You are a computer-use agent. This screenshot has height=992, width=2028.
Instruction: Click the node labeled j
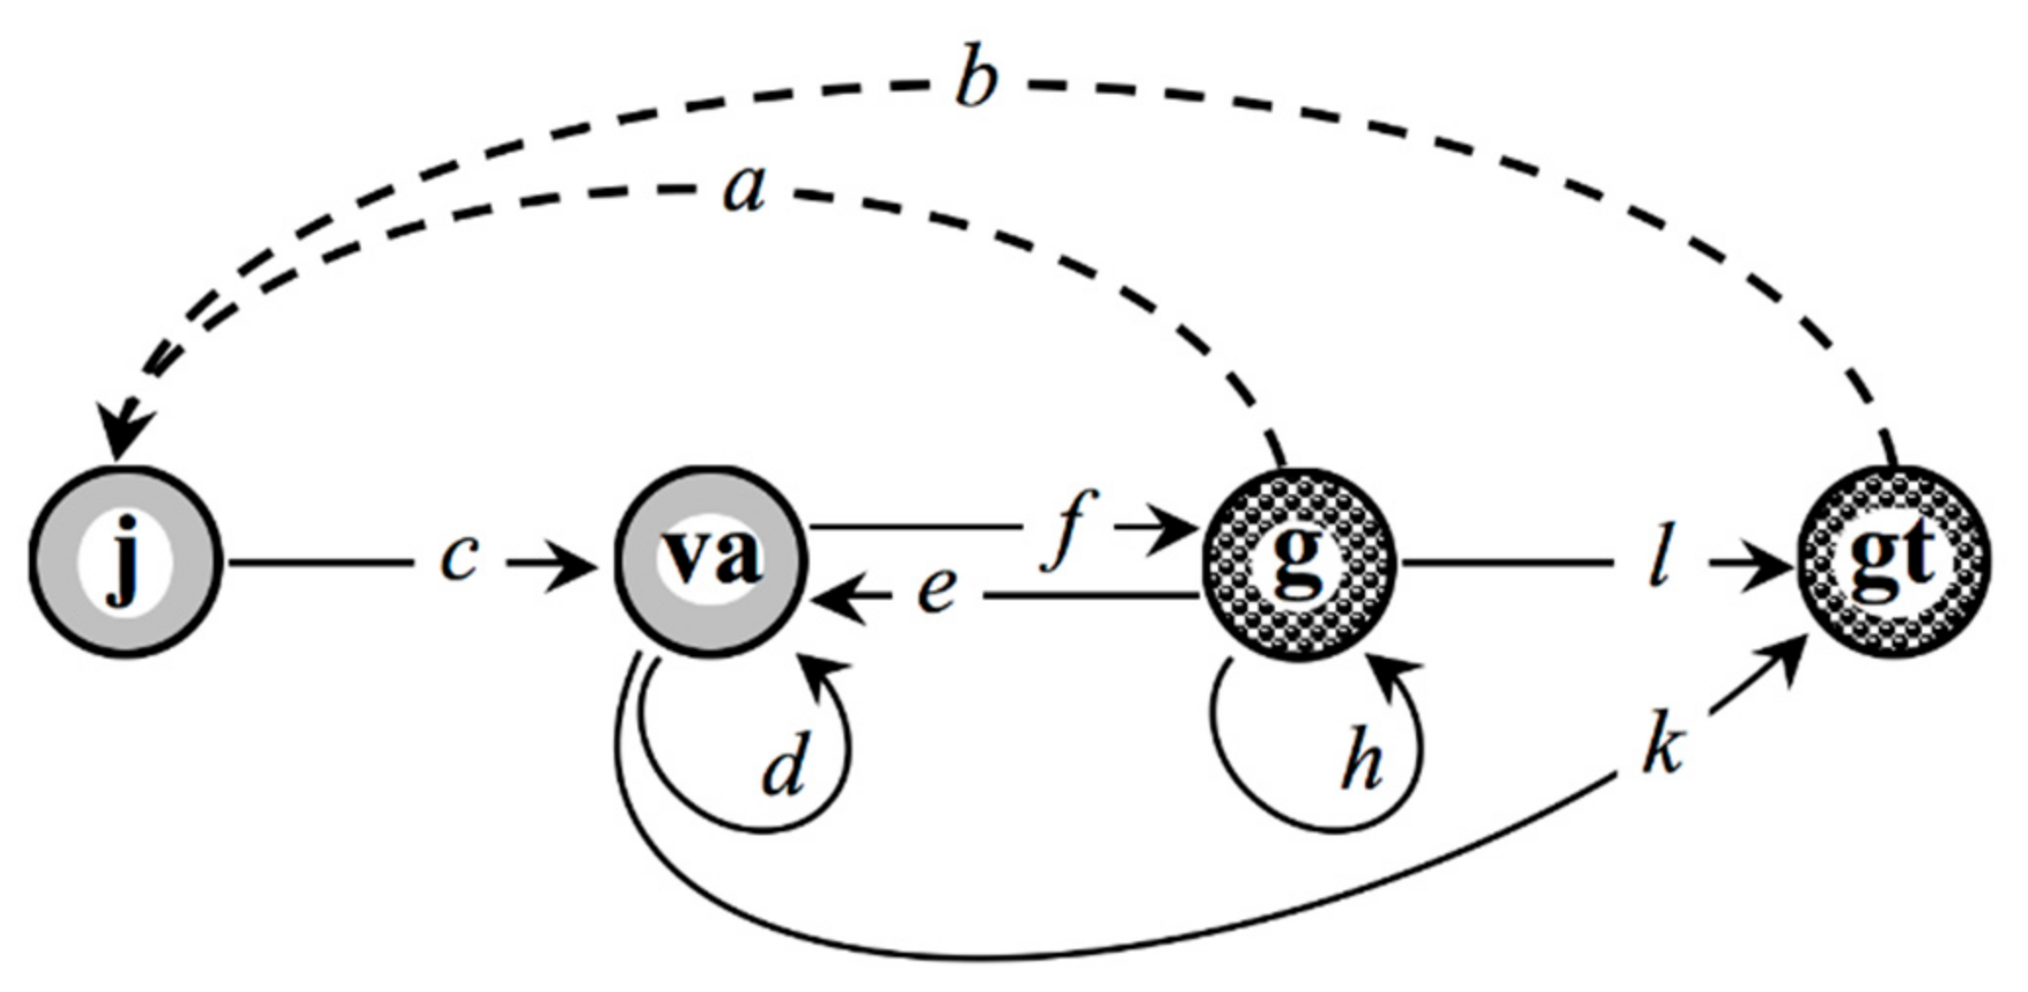(x=126, y=562)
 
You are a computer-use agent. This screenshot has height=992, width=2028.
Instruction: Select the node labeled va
(x=711, y=562)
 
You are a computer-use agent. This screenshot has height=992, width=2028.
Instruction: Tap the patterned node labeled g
(x=1298, y=562)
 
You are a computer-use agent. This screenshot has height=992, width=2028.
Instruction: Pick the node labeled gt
(x=1893, y=562)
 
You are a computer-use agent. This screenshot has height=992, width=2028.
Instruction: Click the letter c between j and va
(x=458, y=560)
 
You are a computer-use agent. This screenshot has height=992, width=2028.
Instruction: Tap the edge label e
(x=937, y=592)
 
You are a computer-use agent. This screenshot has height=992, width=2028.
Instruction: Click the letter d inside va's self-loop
(x=785, y=768)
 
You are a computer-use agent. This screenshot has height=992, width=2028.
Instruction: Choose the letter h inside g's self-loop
(x=1363, y=763)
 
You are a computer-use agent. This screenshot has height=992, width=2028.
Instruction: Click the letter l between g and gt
(x=1657, y=564)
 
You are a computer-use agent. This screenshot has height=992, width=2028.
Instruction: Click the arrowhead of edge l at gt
(x=1770, y=565)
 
